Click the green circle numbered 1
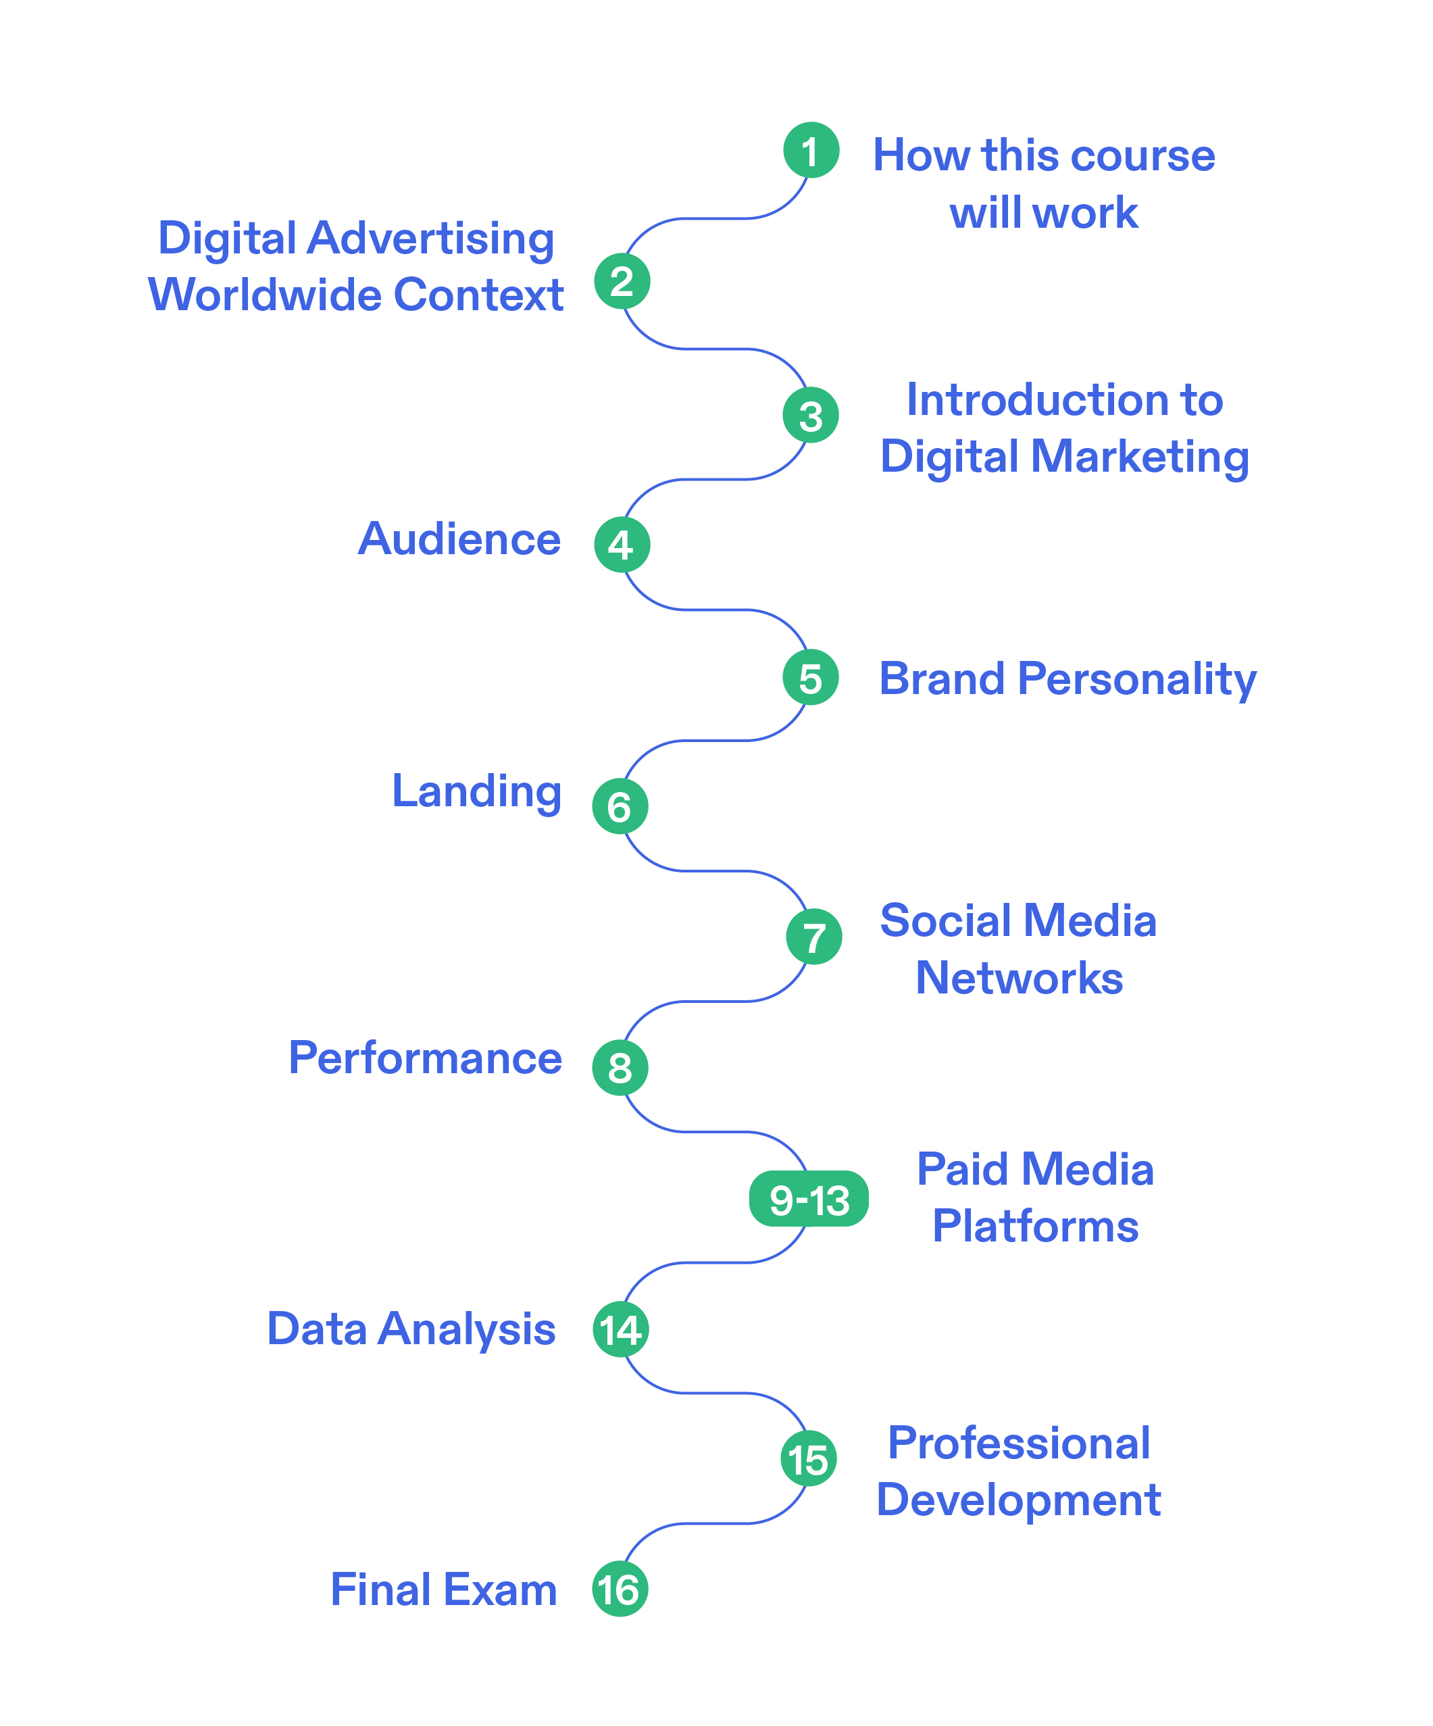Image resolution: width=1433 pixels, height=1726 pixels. [x=810, y=151]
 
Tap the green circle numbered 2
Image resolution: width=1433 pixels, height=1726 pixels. [x=622, y=281]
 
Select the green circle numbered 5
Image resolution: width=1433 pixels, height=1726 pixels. [x=810, y=677]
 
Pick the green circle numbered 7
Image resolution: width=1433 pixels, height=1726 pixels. [x=813, y=936]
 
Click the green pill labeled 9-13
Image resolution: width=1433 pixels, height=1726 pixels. [x=809, y=1198]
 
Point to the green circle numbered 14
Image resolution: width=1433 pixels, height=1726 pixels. [x=620, y=1329]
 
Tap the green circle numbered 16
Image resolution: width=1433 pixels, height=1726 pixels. [x=620, y=1589]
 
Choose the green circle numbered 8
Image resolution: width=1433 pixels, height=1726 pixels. [x=620, y=1068]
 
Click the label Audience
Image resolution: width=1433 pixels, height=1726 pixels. [x=459, y=539]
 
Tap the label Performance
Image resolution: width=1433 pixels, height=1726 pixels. [x=425, y=1058]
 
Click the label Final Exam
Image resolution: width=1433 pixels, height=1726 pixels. [x=444, y=1589]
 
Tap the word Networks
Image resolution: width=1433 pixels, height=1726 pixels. [x=1019, y=978]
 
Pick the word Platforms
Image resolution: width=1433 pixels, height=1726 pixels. [x=1035, y=1227]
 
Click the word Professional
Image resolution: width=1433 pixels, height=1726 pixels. [x=1019, y=1444]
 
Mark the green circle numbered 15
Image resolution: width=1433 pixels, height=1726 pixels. [x=809, y=1459]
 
